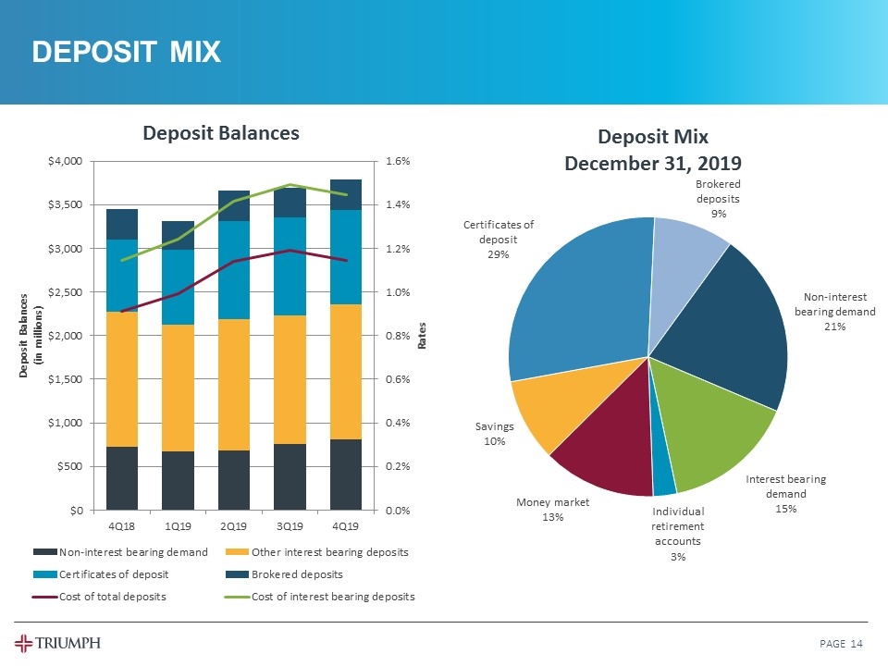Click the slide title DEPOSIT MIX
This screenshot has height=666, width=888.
127,53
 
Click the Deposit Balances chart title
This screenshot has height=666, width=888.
220,133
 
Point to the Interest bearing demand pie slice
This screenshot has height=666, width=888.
717,435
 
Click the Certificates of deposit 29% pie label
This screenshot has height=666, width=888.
499,240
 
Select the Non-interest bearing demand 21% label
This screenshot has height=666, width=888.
835,312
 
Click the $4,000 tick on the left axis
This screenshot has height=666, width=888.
67,161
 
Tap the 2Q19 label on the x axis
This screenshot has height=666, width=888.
234,525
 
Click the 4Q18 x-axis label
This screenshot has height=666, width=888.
122,525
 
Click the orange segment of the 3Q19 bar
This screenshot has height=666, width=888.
290,379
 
